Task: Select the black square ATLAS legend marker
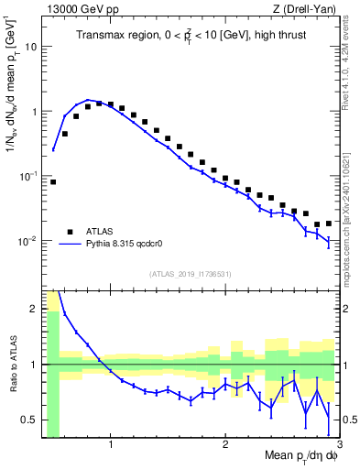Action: (69, 231)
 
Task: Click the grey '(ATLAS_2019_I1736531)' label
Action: (190, 274)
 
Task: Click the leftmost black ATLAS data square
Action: (53, 181)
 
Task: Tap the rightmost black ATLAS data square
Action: (328, 223)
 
